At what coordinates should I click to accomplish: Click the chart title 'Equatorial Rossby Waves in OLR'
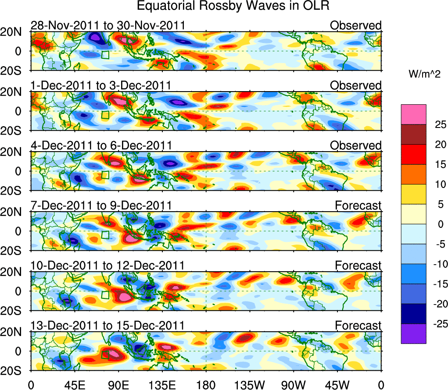point(233,6)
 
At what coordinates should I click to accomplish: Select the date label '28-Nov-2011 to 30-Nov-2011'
point(108,25)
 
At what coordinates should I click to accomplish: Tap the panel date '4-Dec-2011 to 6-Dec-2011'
point(101,145)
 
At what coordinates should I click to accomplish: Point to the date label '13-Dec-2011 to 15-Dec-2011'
point(108,326)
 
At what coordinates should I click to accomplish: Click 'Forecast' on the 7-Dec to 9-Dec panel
point(358,206)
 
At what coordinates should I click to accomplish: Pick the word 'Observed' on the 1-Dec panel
point(356,85)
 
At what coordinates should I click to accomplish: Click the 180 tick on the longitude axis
point(206,384)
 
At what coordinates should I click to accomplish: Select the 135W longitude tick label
point(250,384)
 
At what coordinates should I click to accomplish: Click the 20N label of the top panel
point(13,32)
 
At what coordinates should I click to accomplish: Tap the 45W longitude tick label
point(337,384)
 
